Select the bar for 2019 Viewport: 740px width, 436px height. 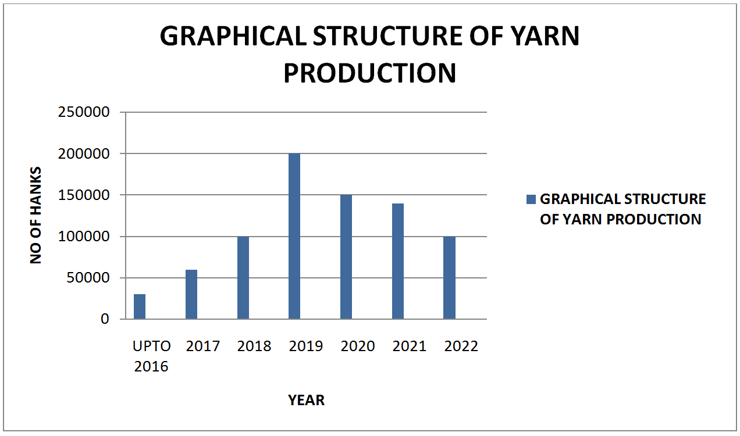(294, 236)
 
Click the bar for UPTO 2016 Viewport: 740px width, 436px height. (140, 306)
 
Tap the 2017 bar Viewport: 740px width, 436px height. (191, 294)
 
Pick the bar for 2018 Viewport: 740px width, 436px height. (243, 277)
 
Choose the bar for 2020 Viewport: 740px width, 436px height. (346, 257)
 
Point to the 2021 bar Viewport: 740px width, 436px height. (398, 261)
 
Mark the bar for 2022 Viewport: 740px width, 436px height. (449, 277)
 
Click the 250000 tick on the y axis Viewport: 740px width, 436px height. (84, 112)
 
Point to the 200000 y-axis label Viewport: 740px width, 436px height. (84, 154)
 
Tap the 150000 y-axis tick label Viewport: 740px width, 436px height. (84, 195)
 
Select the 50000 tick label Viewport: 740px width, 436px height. (88, 278)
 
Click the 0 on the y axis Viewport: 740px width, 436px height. (105, 319)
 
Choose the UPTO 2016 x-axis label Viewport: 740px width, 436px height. (152, 356)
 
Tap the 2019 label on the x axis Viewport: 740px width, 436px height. (306, 346)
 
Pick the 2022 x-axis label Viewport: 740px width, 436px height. (461, 346)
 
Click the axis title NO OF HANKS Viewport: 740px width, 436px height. (35, 215)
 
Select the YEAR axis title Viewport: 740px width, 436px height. (306, 400)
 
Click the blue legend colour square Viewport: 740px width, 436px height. (531, 199)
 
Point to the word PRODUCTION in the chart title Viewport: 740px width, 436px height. (370, 73)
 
